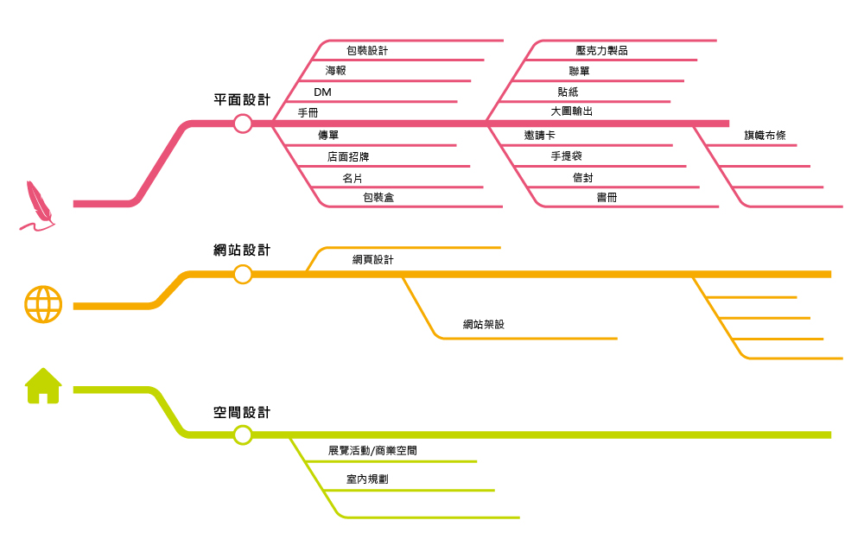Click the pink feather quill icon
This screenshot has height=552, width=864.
(36, 206)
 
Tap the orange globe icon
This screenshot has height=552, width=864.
(43, 304)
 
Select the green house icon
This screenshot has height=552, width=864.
(43, 386)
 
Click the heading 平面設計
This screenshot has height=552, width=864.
(242, 100)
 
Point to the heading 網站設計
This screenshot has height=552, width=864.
(242, 251)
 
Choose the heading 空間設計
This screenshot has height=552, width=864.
(242, 413)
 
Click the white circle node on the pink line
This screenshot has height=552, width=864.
(243, 124)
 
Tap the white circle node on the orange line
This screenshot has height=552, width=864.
(243, 275)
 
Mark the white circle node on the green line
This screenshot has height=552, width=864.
(243, 435)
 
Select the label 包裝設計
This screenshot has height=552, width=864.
(367, 51)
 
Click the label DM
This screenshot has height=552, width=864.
(322, 92)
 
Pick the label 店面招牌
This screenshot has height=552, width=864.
(348, 157)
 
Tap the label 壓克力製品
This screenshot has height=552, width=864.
(601, 51)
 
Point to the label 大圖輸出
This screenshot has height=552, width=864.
(572, 111)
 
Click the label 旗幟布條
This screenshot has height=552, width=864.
(765, 136)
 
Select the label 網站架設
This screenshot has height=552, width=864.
(483, 325)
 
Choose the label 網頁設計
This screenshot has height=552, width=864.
(372, 260)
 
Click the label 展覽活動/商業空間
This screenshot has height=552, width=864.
(372, 451)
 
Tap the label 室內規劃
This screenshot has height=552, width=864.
(367, 479)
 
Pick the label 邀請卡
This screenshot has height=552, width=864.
(539, 136)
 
